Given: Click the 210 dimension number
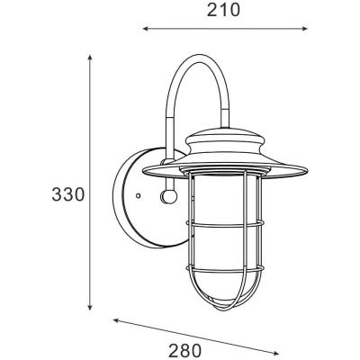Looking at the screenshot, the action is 223,11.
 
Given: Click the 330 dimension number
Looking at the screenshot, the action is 67,194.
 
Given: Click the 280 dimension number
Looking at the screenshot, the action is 184,350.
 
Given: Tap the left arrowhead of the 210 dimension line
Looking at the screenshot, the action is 145,29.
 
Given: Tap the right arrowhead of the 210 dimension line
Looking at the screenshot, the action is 305,29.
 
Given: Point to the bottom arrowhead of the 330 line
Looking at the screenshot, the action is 89,308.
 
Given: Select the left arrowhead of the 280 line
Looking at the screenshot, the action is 116,321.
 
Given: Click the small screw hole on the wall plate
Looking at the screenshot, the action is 138,195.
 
